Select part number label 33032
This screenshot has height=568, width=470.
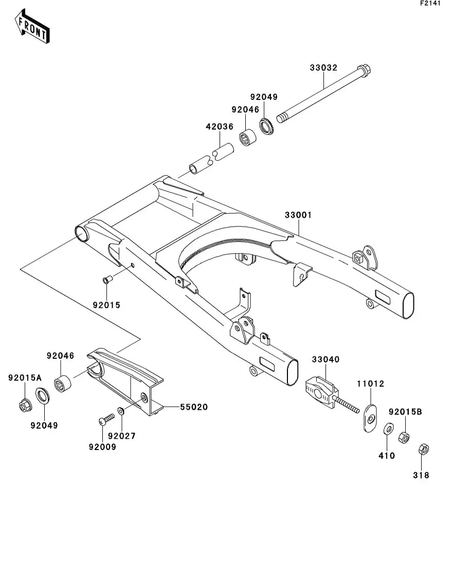(x=323, y=67)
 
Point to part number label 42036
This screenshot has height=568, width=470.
(x=220, y=126)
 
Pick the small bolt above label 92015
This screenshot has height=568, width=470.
(x=107, y=280)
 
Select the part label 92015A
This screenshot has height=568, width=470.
(x=24, y=377)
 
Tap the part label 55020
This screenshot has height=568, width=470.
(x=194, y=407)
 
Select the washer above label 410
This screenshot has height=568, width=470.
(x=388, y=428)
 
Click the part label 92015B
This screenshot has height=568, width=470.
(x=405, y=412)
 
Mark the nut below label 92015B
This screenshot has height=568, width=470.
(x=405, y=437)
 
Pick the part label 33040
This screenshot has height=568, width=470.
(x=326, y=359)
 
